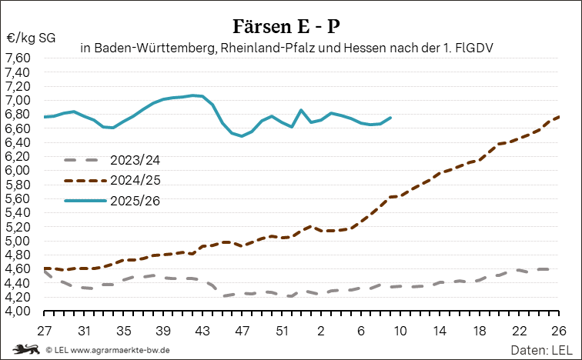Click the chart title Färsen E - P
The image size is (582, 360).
(290, 25)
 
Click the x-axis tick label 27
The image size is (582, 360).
(45, 330)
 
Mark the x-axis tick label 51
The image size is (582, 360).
(282, 330)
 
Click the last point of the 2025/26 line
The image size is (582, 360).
(391, 118)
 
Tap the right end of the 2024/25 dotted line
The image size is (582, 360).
(559, 116)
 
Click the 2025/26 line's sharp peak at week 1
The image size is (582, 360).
(301, 110)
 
